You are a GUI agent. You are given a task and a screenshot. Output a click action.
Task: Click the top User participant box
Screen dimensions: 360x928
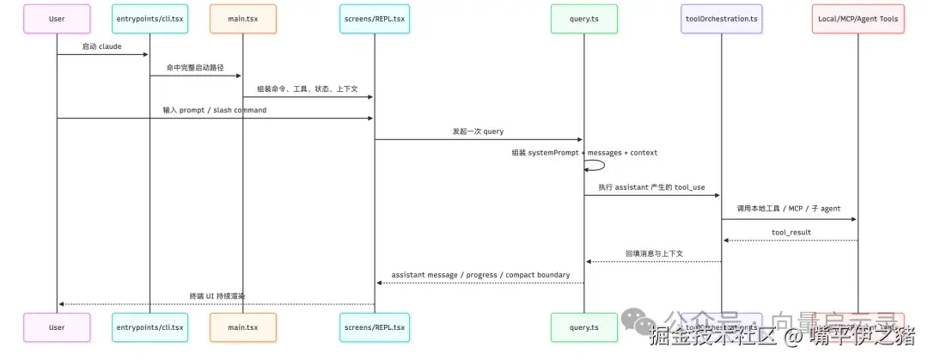(x=57, y=19)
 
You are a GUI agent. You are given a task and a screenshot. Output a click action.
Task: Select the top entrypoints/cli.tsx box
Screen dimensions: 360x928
(x=150, y=19)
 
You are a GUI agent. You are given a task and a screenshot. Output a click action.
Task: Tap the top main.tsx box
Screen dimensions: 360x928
(x=242, y=19)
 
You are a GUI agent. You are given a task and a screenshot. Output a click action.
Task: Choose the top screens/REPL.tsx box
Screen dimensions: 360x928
(x=374, y=19)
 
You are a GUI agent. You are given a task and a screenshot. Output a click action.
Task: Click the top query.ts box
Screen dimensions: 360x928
(x=584, y=19)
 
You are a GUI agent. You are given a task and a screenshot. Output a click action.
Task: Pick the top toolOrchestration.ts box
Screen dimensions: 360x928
(x=721, y=19)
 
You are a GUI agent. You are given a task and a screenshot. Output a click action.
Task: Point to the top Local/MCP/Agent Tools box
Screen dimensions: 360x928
(x=858, y=19)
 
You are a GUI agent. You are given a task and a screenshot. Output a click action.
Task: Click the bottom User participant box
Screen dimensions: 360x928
(x=57, y=327)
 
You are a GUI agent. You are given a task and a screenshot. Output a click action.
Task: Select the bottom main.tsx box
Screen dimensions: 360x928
(x=242, y=327)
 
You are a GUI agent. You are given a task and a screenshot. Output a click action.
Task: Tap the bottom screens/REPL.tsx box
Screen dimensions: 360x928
(x=374, y=327)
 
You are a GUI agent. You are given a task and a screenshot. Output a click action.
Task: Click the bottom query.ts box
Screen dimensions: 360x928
(x=584, y=327)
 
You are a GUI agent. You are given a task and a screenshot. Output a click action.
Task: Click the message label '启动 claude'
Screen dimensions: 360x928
(x=102, y=46)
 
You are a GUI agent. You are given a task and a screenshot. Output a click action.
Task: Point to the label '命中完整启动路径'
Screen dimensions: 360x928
(x=196, y=67)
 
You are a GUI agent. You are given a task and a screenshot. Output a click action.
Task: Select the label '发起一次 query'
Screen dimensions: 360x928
(x=479, y=131)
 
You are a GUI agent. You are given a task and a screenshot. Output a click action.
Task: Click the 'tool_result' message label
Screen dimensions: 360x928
(x=789, y=232)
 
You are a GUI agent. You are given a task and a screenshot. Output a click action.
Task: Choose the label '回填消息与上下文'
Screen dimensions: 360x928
(x=654, y=253)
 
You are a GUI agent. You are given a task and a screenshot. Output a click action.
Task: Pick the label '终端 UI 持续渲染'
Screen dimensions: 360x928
(x=216, y=296)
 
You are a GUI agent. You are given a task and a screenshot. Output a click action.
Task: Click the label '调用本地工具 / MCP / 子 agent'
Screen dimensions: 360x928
(x=789, y=209)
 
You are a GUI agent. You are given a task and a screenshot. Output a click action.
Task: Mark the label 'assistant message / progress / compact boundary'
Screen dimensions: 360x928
(x=480, y=275)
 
